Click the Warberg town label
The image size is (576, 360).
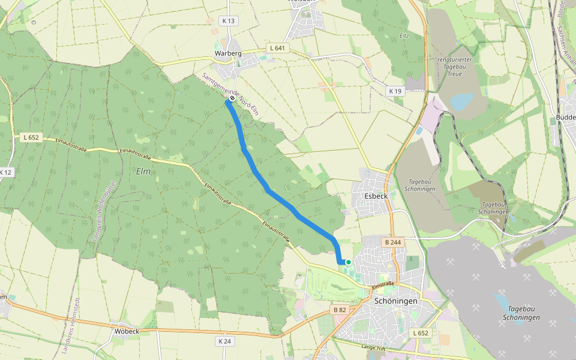point(228,53)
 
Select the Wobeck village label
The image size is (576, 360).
point(127,331)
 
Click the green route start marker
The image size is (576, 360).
point(348,262)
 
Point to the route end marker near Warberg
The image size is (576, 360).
point(232,98)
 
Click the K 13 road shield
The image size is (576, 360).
point(229,21)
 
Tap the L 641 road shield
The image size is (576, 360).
point(277,48)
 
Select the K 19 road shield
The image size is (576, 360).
point(395,91)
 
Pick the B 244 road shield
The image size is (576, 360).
point(392,242)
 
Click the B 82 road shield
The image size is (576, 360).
point(339,310)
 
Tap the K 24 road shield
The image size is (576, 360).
point(224,341)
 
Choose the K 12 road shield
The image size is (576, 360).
point(5,172)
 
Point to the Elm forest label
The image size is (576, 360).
point(143,172)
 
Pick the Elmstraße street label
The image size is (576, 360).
point(383,284)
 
